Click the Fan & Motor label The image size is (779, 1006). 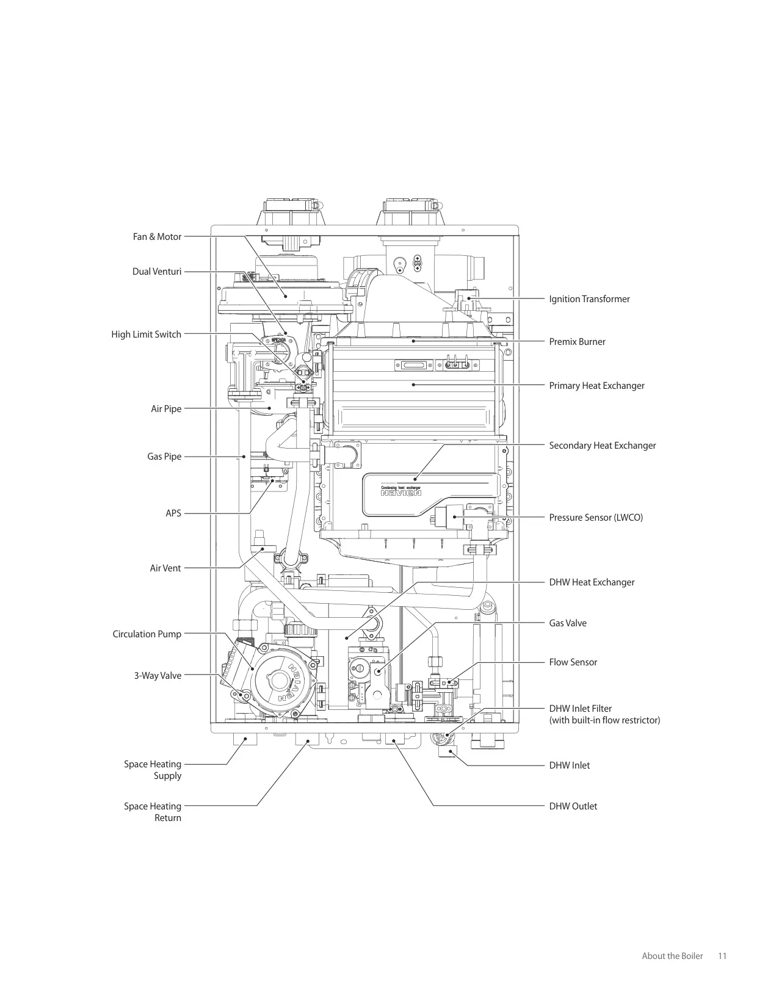point(157,237)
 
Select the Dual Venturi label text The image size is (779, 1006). point(157,272)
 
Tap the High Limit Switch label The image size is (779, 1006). point(147,335)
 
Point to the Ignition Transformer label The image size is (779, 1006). point(589,299)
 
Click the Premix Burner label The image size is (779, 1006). point(577,342)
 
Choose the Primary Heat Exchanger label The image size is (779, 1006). point(596,386)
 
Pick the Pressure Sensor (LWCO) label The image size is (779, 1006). point(596,518)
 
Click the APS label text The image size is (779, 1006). point(173,513)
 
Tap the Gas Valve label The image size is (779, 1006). point(568,623)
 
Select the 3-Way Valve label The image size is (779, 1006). point(158,676)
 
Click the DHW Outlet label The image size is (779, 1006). point(573,806)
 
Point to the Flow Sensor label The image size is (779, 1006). point(573,662)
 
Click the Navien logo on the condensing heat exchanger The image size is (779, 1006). point(401,493)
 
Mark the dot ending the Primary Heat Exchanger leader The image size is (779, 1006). point(413,385)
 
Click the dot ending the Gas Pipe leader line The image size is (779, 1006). point(244,457)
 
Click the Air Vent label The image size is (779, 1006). point(165,568)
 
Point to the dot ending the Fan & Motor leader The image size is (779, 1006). point(286,296)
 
